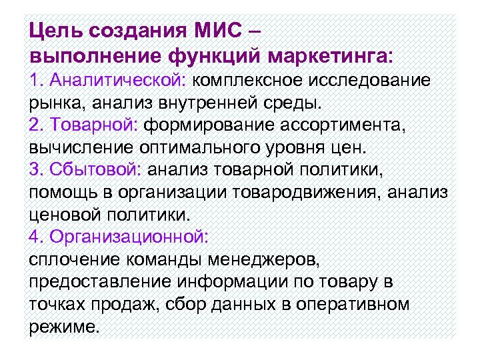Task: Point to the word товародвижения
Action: pos(309,193)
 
